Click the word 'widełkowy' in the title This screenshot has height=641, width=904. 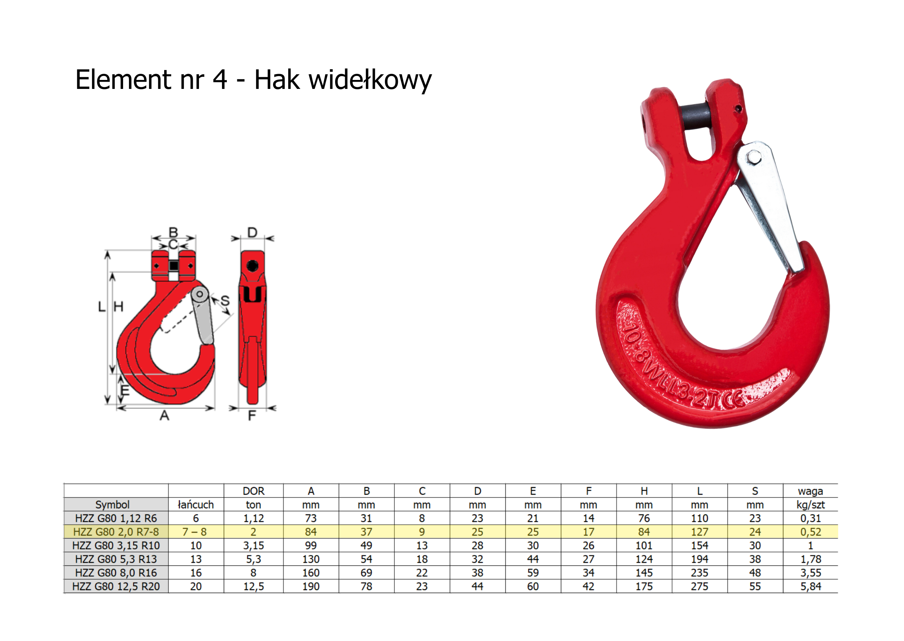(370, 80)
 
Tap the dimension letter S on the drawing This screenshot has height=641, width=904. (225, 301)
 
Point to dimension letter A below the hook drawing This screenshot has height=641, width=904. (164, 415)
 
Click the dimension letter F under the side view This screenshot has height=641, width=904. (252, 415)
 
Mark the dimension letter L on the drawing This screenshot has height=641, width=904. (102, 307)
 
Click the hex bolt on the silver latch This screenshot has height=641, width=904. (754, 157)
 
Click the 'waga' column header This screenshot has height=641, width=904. (810, 491)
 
